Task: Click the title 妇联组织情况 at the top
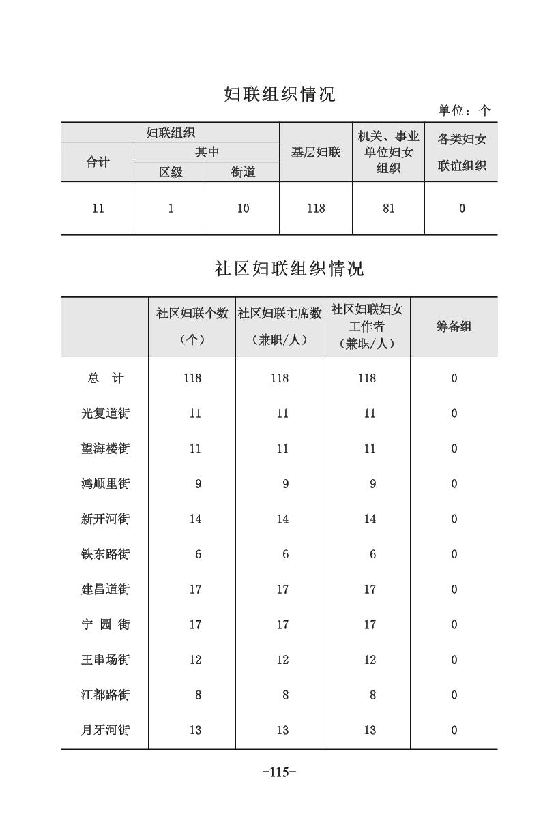pyautogui.click(x=280, y=94)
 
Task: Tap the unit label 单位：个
pyautogui.click(x=465, y=110)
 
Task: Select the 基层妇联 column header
pyautogui.click(x=316, y=153)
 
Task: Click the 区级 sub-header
pyautogui.click(x=171, y=172)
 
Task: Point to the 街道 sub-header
pyautogui.click(x=243, y=172)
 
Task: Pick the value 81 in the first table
pyautogui.click(x=388, y=209)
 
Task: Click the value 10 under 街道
pyautogui.click(x=243, y=209)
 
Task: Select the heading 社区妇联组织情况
pyautogui.click(x=289, y=269)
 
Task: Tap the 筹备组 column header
pyautogui.click(x=454, y=326)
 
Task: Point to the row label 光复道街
pyautogui.click(x=105, y=414)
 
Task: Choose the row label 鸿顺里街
pyautogui.click(x=105, y=484)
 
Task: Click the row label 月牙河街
pyautogui.click(x=105, y=731)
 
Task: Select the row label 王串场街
pyautogui.click(x=105, y=660)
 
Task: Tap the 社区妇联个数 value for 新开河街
pyautogui.click(x=195, y=519)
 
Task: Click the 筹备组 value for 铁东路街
pyautogui.click(x=454, y=555)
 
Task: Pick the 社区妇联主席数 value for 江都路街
pyautogui.click(x=285, y=695)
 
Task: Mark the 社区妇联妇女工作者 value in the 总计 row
pyautogui.click(x=367, y=378)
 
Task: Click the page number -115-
pyautogui.click(x=279, y=772)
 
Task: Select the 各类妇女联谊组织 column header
pyautogui.click(x=462, y=153)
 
